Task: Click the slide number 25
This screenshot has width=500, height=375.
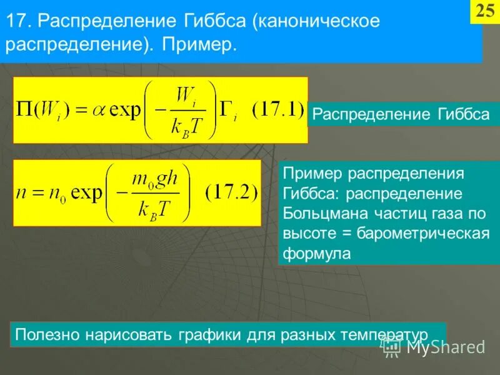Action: [485, 12]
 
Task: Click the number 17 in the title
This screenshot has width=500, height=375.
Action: [16, 21]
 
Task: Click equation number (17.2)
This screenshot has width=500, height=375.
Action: [231, 191]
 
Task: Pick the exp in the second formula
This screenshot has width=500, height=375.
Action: [86, 192]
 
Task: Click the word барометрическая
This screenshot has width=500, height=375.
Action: [423, 233]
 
